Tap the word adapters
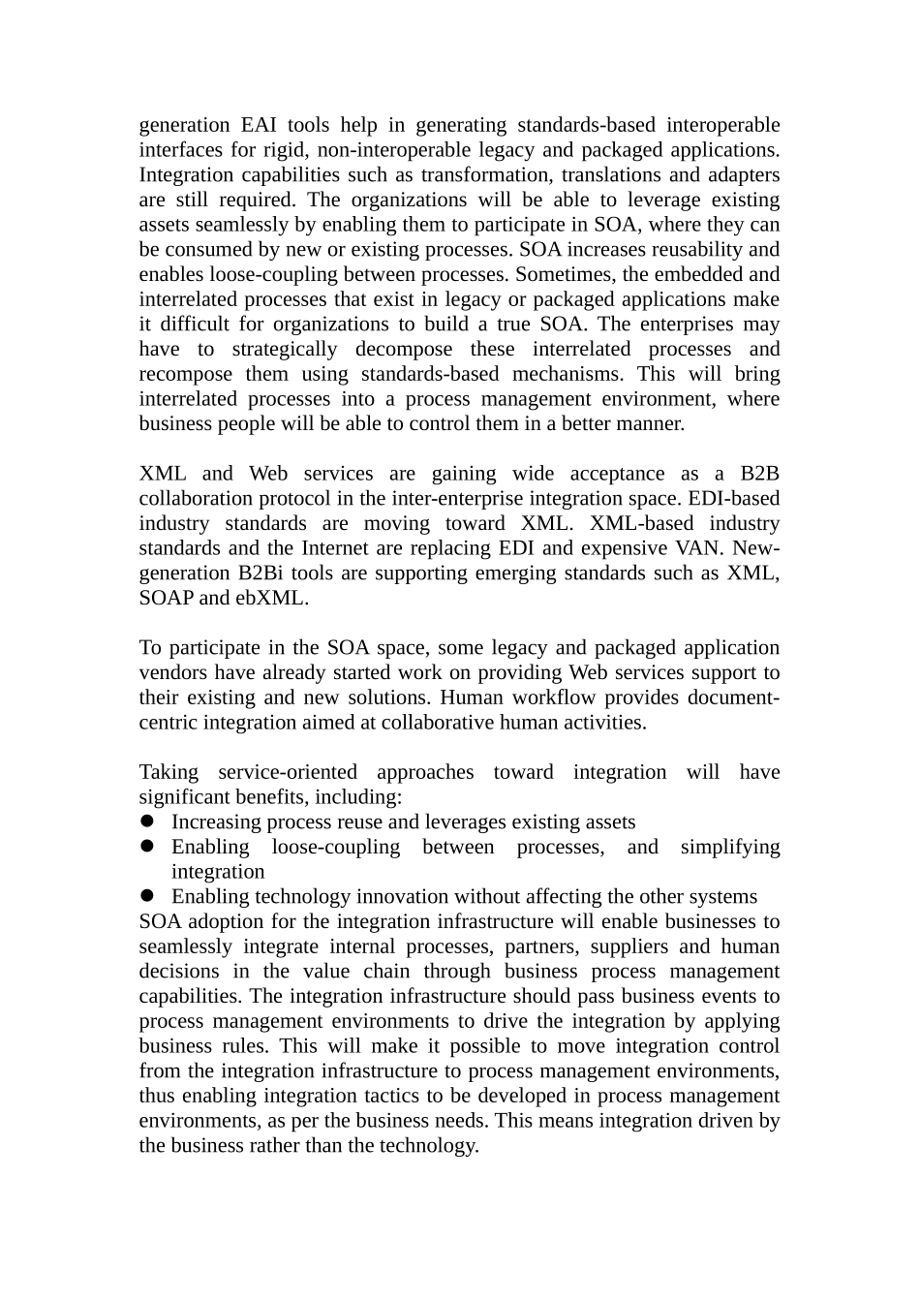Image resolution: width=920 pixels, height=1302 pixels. coord(743,175)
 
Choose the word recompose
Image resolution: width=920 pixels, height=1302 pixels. coord(185,374)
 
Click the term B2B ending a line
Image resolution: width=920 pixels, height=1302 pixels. coord(759,474)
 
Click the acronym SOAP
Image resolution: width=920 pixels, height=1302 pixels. coord(166,598)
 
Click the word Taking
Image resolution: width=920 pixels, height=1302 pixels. coord(169,772)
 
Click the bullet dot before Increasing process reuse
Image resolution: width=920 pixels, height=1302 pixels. coord(148,821)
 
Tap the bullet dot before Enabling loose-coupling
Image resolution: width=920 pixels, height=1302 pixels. coord(148,847)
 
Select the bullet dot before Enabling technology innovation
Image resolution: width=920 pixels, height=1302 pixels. coord(148,896)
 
